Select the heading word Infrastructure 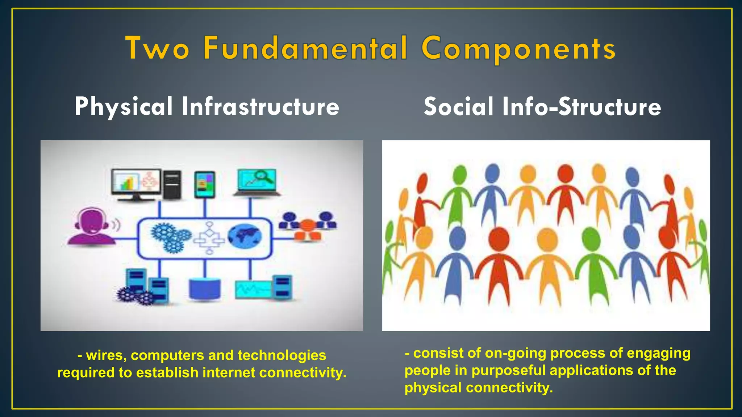[260, 107]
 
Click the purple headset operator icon [92, 227]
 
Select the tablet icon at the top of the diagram [205, 184]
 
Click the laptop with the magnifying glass [257, 182]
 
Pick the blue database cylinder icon [205, 288]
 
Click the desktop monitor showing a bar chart [136, 183]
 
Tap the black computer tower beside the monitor [172, 184]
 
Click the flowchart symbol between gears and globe [209, 238]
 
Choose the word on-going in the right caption [515, 353]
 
